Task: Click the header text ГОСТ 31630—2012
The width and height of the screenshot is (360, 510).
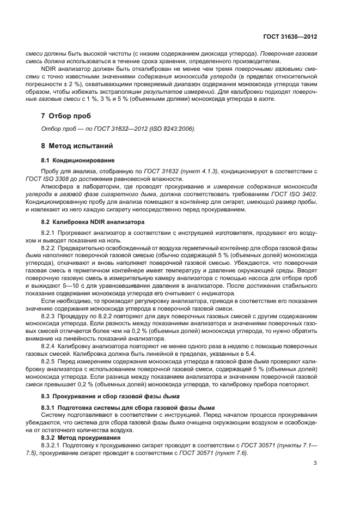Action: coord(289,37)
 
